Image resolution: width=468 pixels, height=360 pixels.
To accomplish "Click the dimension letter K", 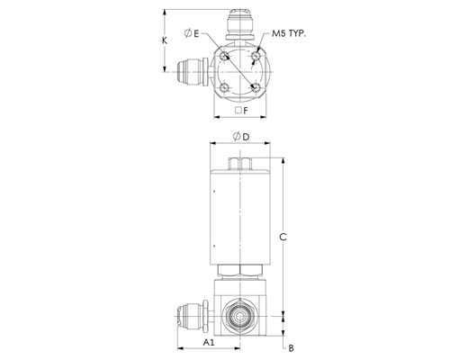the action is (x=165, y=40).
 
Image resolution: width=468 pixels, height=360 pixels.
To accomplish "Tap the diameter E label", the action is (x=192, y=33).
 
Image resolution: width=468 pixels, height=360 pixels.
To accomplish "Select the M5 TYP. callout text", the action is (x=289, y=33).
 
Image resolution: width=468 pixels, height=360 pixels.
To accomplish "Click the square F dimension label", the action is (x=242, y=111).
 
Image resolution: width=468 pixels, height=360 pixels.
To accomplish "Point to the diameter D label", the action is (x=241, y=137).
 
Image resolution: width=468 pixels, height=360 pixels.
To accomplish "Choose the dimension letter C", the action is (x=283, y=237).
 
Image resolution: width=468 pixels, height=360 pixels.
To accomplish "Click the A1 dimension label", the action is (x=209, y=342).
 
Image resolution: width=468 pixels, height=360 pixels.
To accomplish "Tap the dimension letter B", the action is (x=291, y=348).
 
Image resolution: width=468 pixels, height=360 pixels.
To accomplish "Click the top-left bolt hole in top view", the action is (x=224, y=56).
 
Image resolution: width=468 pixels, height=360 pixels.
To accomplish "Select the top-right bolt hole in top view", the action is (x=256, y=56).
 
